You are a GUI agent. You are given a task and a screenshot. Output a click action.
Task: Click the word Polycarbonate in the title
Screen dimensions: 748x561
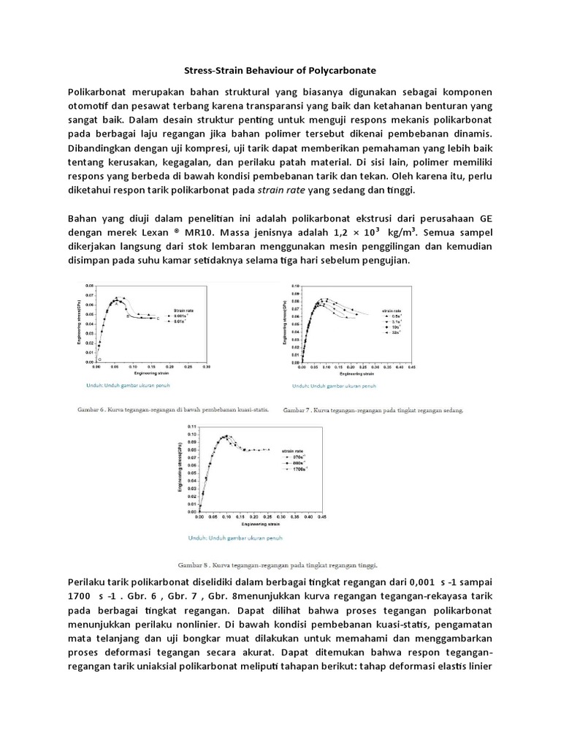click(x=339, y=71)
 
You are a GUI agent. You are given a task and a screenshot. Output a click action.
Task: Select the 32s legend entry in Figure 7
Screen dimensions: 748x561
click(x=397, y=332)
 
